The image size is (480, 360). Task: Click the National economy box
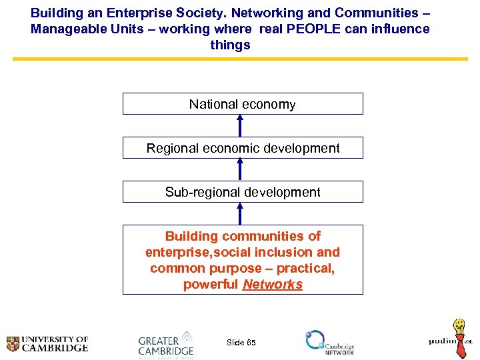(242, 104)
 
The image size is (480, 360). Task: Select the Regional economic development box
(243, 148)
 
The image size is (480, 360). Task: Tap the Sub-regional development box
(243, 192)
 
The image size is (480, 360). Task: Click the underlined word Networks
(272, 285)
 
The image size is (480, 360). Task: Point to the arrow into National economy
(241, 125)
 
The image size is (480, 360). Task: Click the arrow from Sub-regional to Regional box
(241, 169)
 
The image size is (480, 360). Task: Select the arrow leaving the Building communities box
(241, 213)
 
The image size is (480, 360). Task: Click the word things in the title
(230, 45)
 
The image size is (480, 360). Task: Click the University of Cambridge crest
(13, 344)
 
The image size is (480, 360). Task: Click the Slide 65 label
(241, 343)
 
